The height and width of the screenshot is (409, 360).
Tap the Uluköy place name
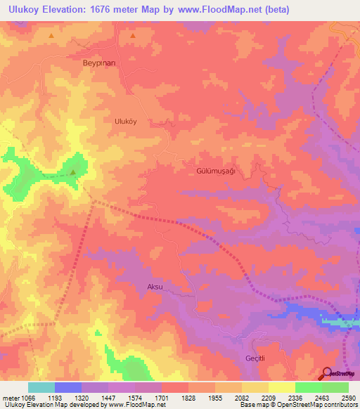click(x=128, y=120)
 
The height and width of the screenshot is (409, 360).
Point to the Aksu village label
click(x=155, y=287)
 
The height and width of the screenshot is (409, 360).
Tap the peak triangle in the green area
click(x=73, y=171)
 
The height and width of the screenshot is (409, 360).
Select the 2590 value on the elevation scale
click(x=349, y=397)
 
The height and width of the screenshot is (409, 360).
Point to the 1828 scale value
click(x=189, y=397)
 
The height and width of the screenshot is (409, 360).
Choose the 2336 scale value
click(x=295, y=397)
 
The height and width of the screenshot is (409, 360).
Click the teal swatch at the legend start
click(x=41, y=387)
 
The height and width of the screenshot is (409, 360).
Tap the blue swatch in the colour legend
click(x=68, y=387)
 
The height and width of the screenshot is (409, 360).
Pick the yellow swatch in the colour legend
click(x=282, y=387)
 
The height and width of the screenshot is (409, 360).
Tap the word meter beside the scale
click(x=12, y=397)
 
